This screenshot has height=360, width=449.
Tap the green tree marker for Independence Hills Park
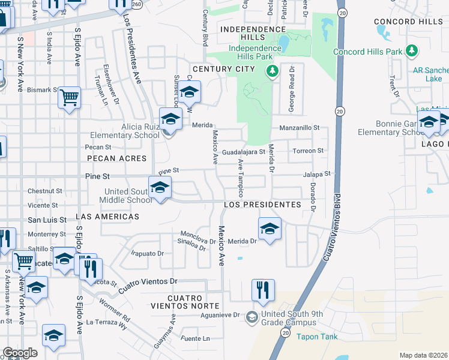pyautogui.click(x=273, y=71)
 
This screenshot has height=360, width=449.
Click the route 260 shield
pyautogui.click(x=136, y=4)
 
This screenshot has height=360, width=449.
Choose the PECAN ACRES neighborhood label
pyautogui.click(x=116, y=158)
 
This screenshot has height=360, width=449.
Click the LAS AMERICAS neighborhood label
pyautogui.click(x=107, y=216)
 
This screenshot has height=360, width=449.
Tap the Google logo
pyautogui.click(x=20, y=353)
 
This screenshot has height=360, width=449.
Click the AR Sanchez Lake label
pyautogui.click(x=431, y=74)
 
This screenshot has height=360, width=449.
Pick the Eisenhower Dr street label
pyautogui.click(x=106, y=80)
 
